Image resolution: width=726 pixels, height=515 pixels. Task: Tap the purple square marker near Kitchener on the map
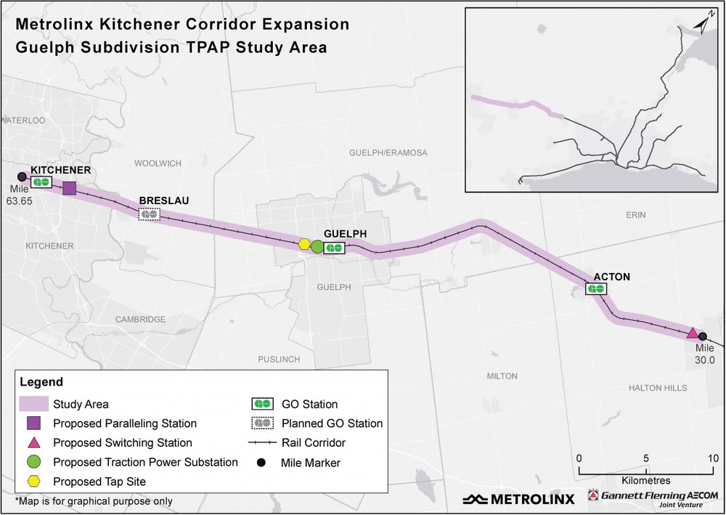tap(70, 189)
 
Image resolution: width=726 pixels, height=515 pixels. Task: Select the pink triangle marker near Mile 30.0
tap(693, 333)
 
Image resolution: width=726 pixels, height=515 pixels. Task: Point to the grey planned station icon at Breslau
tap(149, 214)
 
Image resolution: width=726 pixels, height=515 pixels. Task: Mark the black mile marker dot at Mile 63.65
tap(22, 177)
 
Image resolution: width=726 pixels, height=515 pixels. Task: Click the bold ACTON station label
tap(611, 277)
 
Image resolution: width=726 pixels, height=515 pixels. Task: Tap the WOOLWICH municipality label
tap(158, 163)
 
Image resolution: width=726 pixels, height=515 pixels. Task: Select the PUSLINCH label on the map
tap(280, 360)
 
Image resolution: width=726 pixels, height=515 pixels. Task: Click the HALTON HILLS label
tap(658, 388)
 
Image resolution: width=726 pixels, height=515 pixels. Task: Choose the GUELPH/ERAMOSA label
tap(388, 153)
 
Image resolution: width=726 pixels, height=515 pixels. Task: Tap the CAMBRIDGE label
tap(141, 319)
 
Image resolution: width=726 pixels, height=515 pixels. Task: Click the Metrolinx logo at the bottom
tap(518, 499)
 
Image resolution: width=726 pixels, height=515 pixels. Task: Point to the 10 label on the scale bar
tap(712, 458)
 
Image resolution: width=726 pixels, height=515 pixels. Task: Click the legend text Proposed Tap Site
tap(99, 482)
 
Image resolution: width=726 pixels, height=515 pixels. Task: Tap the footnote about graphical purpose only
tap(94, 501)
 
